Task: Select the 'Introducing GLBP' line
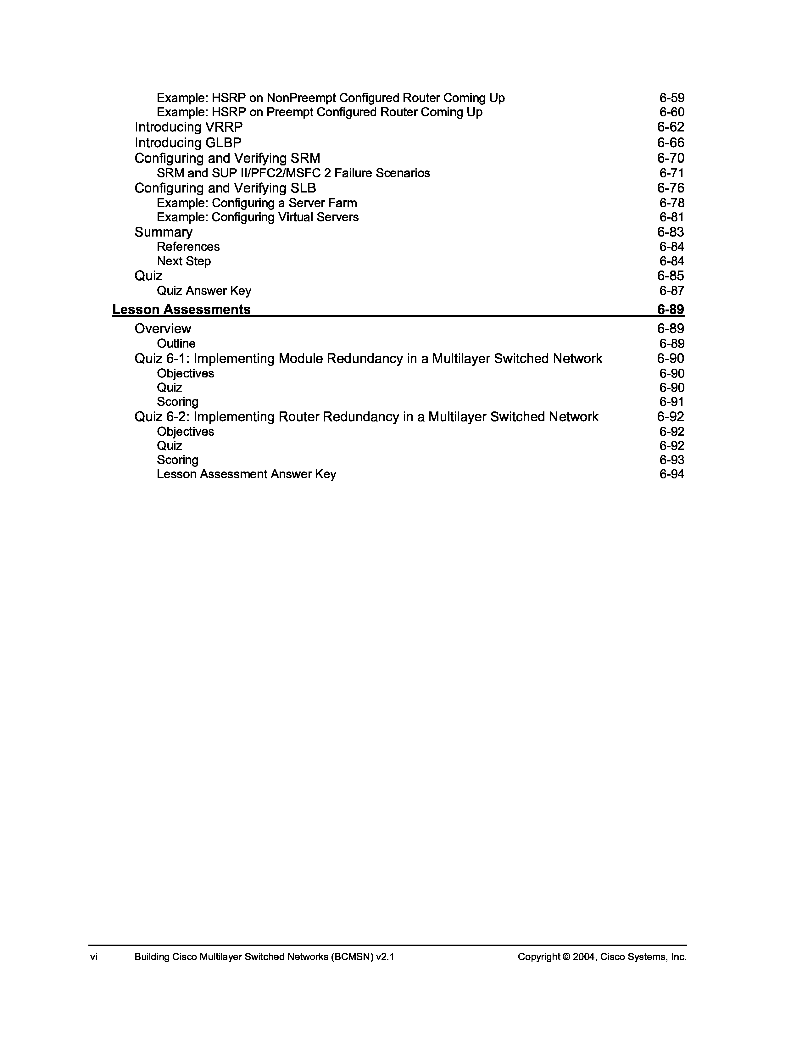[188, 142]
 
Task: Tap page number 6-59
[671, 98]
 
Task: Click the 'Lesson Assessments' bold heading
[181, 310]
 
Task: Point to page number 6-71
[671, 173]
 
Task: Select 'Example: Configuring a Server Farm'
[257, 203]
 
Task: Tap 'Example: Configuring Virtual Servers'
[258, 217]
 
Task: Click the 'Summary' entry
[164, 232]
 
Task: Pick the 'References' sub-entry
[188, 247]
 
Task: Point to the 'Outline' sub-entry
[176, 343]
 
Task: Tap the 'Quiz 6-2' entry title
[366, 417]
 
